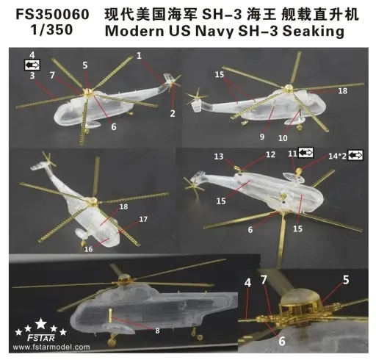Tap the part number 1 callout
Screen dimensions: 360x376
click(139, 56)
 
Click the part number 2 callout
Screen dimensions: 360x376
click(172, 112)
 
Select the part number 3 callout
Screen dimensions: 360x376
click(32, 76)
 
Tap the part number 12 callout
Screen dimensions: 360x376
click(270, 154)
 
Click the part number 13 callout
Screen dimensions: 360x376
click(219, 156)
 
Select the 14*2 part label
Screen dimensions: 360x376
click(337, 156)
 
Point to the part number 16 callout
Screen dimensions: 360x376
click(87, 249)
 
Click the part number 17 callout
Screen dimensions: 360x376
click(142, 219)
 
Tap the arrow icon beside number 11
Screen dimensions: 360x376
click(305, 152)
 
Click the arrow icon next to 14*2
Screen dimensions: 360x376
click(356, 156)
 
